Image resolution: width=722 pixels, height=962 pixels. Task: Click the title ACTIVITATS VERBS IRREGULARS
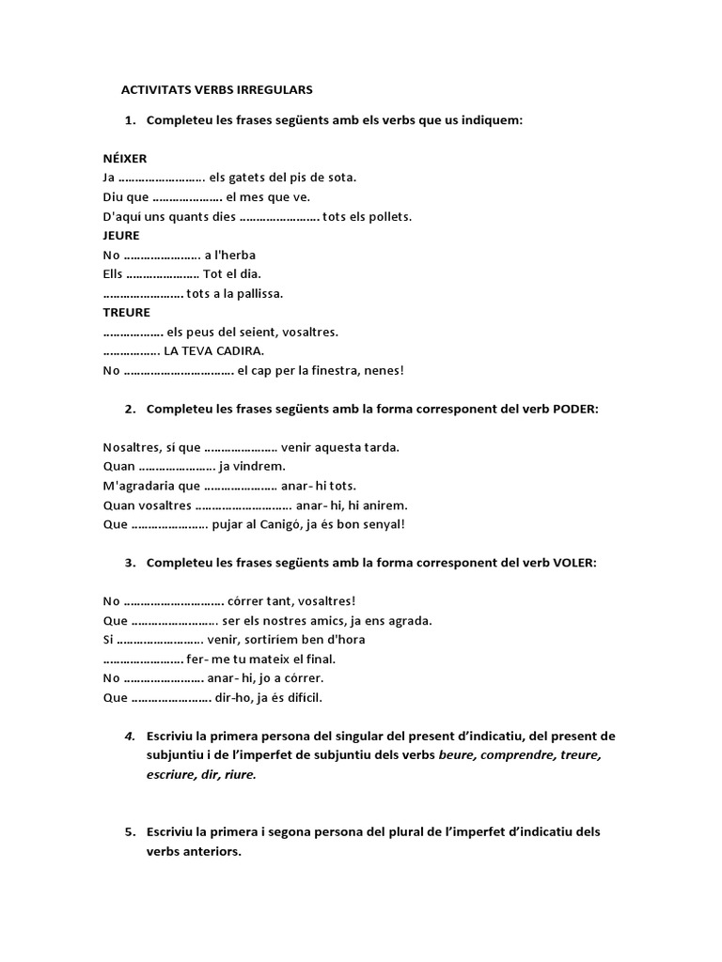click(217, 90)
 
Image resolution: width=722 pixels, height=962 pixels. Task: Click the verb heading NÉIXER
click(125, 159)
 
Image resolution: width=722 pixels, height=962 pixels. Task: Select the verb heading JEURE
click(121, 236)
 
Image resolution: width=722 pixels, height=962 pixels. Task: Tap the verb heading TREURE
click(126, 313)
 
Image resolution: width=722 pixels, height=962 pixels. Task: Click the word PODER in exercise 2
click(573, 409)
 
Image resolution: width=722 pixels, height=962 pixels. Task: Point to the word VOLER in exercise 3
click(573, 563)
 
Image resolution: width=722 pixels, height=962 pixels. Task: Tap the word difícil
click(298, 697)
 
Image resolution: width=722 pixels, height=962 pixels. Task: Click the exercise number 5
click(129, 832)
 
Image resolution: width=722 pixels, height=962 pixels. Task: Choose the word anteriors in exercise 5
click(194, 852)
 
